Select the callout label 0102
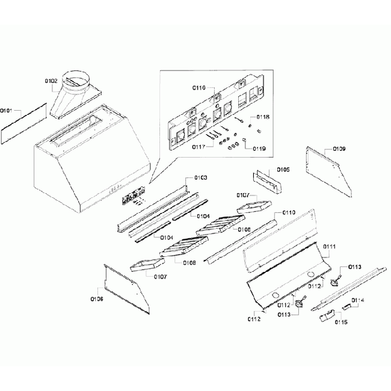51,81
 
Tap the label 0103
200,178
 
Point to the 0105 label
283,170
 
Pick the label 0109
338,148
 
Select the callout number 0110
289,213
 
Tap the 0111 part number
329,247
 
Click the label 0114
358,300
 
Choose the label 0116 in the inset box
199,88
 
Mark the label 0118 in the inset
263,117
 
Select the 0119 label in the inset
259,148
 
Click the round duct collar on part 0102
78,79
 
